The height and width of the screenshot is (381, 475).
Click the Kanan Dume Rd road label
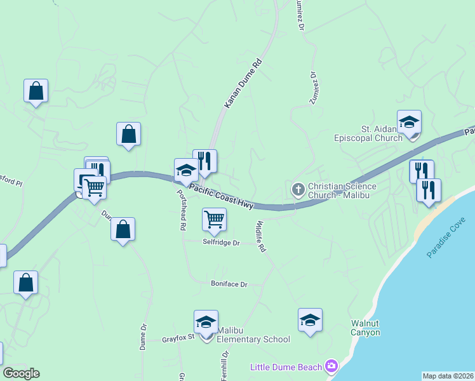pyautogui.click(x=243, y=83)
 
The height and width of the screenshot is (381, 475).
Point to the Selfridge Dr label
pyautogui.click(x=221, y=243)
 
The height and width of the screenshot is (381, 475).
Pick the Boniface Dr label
pyautogui.click(x=229, y=284)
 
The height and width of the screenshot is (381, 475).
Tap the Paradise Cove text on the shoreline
pyautogui.click(x=446, y=237)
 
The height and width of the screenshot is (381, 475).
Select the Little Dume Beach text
pyautogui.click(x=286, y=367)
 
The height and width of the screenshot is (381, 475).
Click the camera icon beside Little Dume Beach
pyautogui.click(x=331, y=366)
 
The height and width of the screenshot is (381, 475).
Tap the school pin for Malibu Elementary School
pyautogui.click(x=206, y=324)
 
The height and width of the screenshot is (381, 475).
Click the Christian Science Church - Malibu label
pyautogui.click(x=342, y=191)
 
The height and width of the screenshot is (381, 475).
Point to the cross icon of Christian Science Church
pyautogui.click(x=298, y=189)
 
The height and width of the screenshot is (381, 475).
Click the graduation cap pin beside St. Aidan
pyautogui.click(x=410, y=123)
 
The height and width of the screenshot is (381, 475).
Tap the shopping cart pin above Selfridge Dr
pyautogui.click(x=214, y=220)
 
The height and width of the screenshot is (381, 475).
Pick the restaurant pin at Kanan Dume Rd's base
pyautogui.click(x=205, y=162)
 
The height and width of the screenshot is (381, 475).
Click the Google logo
pyautogui.click(x=21, y=373)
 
